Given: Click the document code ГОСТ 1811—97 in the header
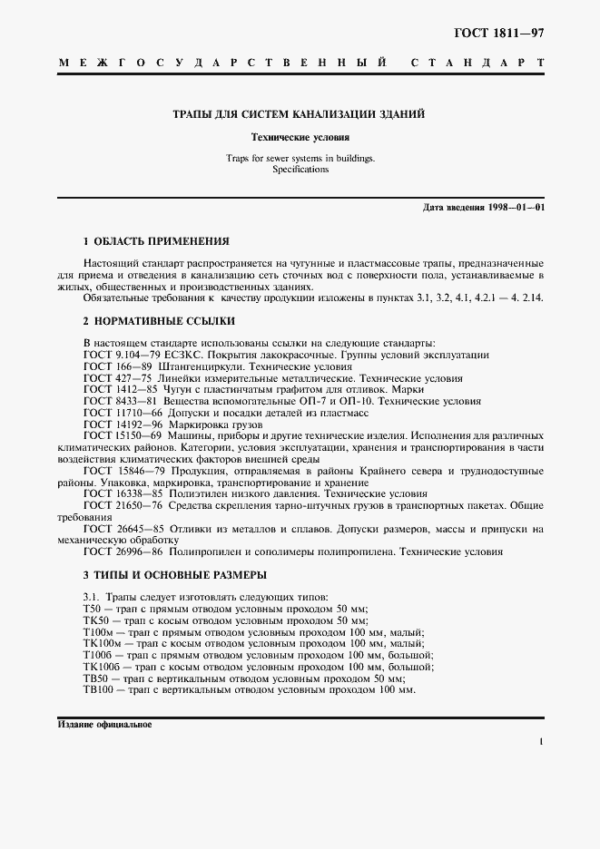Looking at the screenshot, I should [x=498, y=33].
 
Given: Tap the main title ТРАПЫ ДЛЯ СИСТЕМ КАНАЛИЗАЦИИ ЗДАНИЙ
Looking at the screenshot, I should [x=300, y=115].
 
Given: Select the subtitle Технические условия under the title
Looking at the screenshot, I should [x=300, y=138].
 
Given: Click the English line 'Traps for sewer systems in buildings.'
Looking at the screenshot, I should [x=300, y=159].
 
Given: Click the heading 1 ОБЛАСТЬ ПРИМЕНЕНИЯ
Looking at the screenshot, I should [x=155, y=242].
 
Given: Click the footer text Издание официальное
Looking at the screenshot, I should [x=104, y=726].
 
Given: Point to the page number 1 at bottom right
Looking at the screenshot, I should [x=541, y=743].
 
